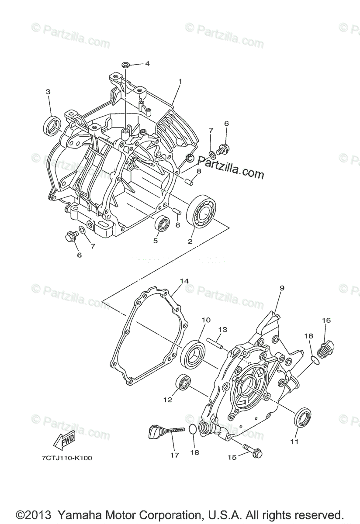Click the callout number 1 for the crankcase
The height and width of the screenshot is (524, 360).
point(180,81)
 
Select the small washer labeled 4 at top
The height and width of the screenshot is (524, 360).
point(126,65)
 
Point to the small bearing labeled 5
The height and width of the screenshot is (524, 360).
point(163,224)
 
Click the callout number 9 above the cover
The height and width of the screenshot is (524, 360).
point(282,288)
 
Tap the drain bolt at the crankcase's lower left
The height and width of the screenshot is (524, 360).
point(69,237)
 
